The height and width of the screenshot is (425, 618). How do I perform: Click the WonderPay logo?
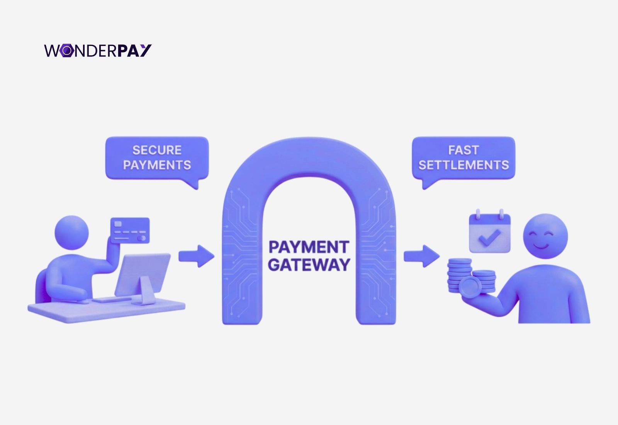(x=98, y=51)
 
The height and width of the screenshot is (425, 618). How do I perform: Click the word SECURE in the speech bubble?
(x=157, y=150)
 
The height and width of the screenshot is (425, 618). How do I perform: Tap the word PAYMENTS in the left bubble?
(x=157, y=165)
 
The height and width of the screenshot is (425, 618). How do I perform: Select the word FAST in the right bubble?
(x=463, y=150)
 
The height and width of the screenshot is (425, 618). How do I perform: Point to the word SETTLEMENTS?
(x=463, y=165)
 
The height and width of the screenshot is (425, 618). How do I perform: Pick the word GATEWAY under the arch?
(x=309, y=265)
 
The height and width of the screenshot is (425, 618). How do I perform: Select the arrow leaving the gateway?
(x=422, y=256)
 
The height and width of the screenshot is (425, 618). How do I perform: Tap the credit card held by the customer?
(x=130, y=230)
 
